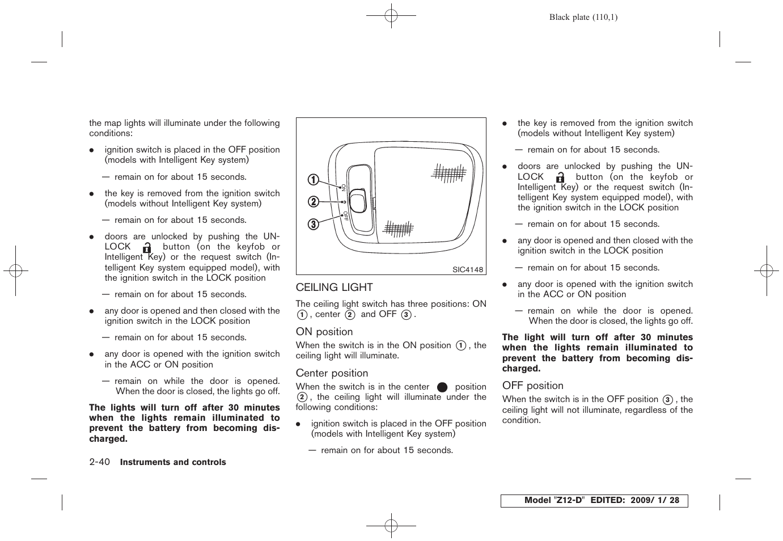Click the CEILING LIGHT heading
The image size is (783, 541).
[x=334, y=288]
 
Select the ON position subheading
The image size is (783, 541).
[x=324, y=332]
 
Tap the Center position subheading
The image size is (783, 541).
[x=332, y=373]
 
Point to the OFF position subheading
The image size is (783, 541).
[x=532, y=386]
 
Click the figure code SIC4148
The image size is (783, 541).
[x=467, y=270]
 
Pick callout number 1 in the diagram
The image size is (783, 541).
[x=314, y=180]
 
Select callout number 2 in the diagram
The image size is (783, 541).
[x=314, y=202]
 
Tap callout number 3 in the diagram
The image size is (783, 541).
[x=314, y=225]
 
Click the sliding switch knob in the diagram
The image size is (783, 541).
[x=358, y=200]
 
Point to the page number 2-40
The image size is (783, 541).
[x=99, y=462]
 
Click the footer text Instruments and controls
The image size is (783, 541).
[x=173, y=463]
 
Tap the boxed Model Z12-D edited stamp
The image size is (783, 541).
[x=594, y=501]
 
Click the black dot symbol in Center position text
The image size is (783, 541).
[x=442, y=387]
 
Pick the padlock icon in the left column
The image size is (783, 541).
[x=147, y=248]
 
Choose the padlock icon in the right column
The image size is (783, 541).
[x=560, y=177]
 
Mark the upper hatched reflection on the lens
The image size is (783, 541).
[x=448, y=173]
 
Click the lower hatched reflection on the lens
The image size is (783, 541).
[x=398, y=229]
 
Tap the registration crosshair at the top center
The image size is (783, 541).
[x=391, y=16]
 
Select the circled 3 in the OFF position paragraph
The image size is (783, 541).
[x=667, y=400]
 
